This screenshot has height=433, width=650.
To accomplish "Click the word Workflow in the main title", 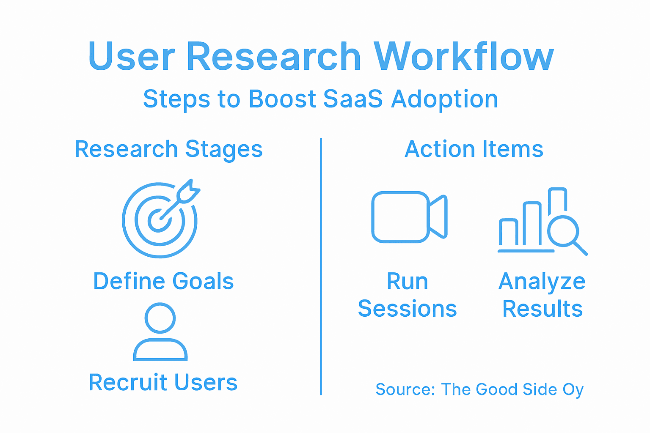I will coord(464,57).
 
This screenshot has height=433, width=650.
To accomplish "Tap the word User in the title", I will coord(131,57).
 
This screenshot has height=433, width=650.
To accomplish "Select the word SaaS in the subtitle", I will coord(353,99).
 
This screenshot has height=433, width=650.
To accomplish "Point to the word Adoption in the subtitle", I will coord(444,100).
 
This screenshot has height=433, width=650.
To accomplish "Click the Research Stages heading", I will coord(168,149).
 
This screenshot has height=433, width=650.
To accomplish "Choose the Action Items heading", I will coord(474,149).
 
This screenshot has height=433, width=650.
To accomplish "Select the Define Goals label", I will coord(163,281).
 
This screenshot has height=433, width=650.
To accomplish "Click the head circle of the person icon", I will coord(160,318).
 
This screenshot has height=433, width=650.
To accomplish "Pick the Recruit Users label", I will coord(163,382).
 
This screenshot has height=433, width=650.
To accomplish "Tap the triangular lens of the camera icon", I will coord(438,216).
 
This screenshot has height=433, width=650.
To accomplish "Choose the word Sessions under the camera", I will coord(407,309).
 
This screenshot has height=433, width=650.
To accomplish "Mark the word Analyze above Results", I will coord(542,282).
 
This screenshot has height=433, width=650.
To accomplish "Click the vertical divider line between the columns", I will coord(321,266).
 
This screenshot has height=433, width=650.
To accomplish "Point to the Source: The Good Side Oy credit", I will coord(479,389).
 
